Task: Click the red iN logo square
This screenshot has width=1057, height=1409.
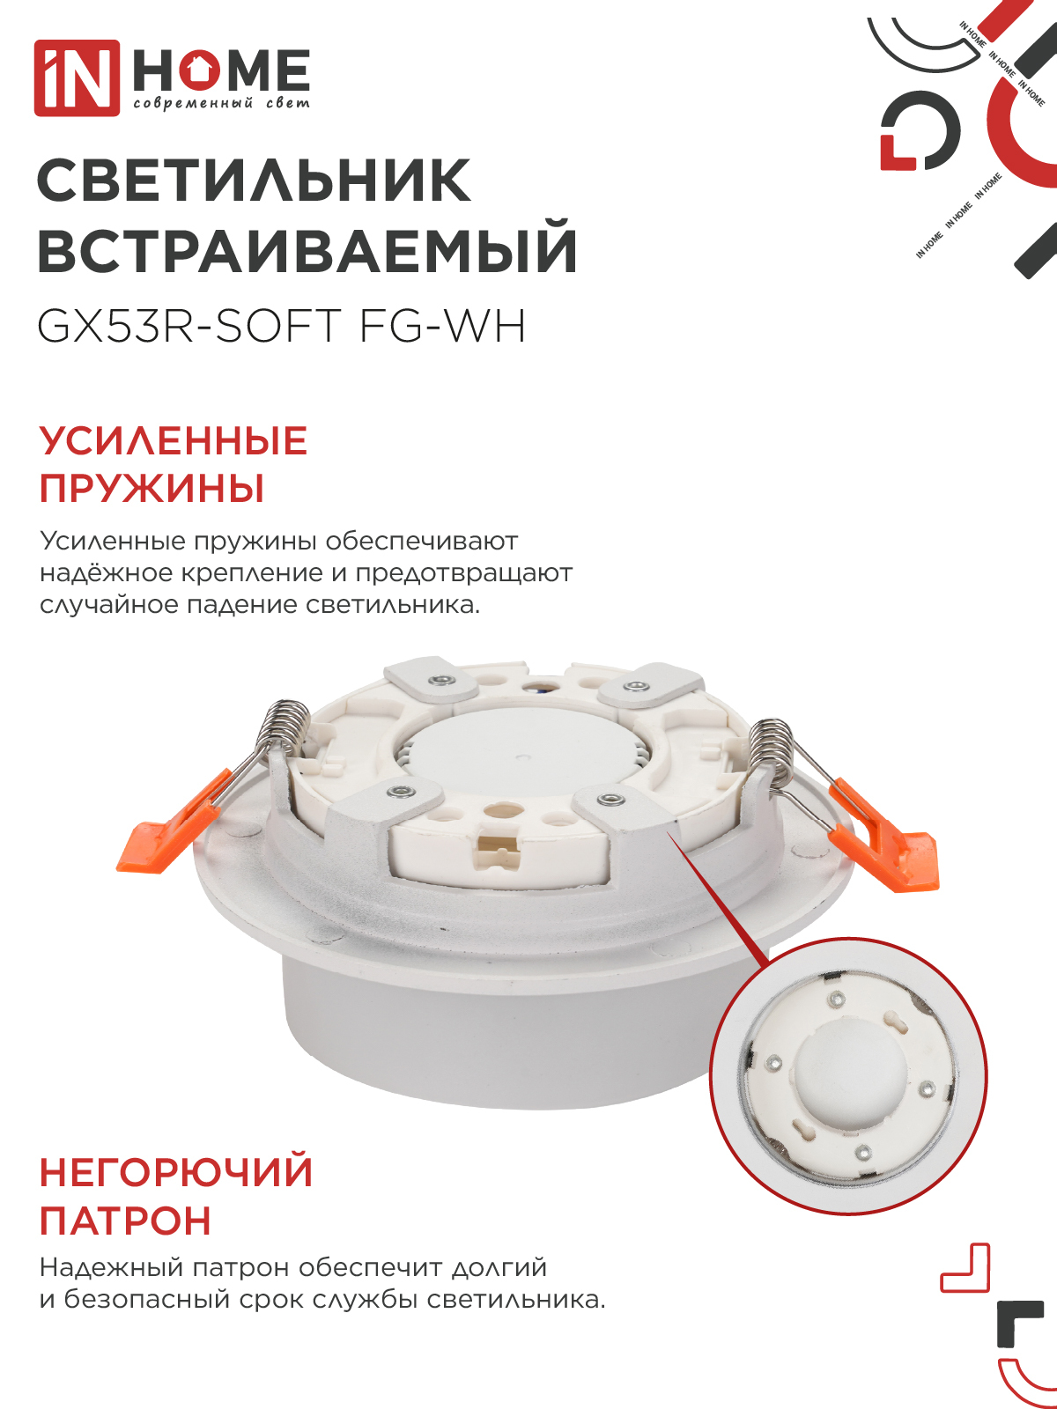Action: pyautogui.click(x=77, y=77)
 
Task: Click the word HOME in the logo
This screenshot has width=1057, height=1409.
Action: pyautogui.click(x=221, y=70)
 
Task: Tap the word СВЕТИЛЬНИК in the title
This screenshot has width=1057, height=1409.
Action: pyautogui.click(x=254, y=181)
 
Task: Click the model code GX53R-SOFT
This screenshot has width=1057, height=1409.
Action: pyautogui.click(x=188, y=327)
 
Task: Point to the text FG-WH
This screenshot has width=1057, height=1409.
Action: pyautogui.click(x=442, y=327)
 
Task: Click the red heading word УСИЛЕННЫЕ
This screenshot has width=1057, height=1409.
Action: pyautogui.click(x=174, y=441)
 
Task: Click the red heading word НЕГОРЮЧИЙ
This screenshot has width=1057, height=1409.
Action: pyautogui.click(x=176, y=1173)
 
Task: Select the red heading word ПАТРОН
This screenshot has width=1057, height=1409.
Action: pyautogui.click(x=126, y=1221)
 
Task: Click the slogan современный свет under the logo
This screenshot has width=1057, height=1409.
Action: pyautogui.click(x=221, y=104)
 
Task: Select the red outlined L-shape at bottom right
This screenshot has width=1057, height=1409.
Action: pyautogui.click(x=967, y=1269)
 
